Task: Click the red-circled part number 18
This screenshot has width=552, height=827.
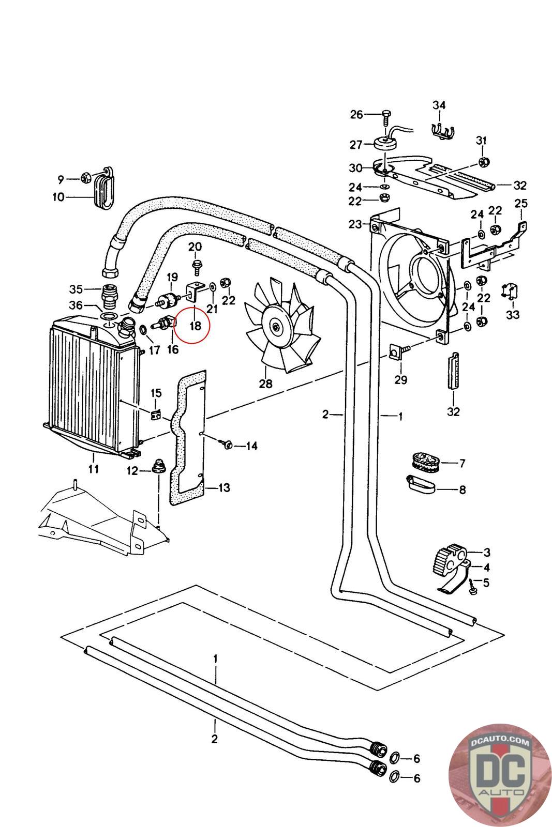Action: (195, 326)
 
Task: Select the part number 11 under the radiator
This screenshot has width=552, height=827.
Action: (93, 469)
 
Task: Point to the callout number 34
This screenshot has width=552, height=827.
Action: (439, 105)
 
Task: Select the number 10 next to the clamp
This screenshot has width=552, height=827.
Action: (57, 197)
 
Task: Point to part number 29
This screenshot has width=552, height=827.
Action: (400, 380)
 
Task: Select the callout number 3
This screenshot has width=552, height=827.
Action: (487, 552)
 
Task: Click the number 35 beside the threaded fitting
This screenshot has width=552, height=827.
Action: (76, 288)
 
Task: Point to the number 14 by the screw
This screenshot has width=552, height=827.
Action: (251, 446)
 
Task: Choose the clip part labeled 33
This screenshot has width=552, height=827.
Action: (509, 293)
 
